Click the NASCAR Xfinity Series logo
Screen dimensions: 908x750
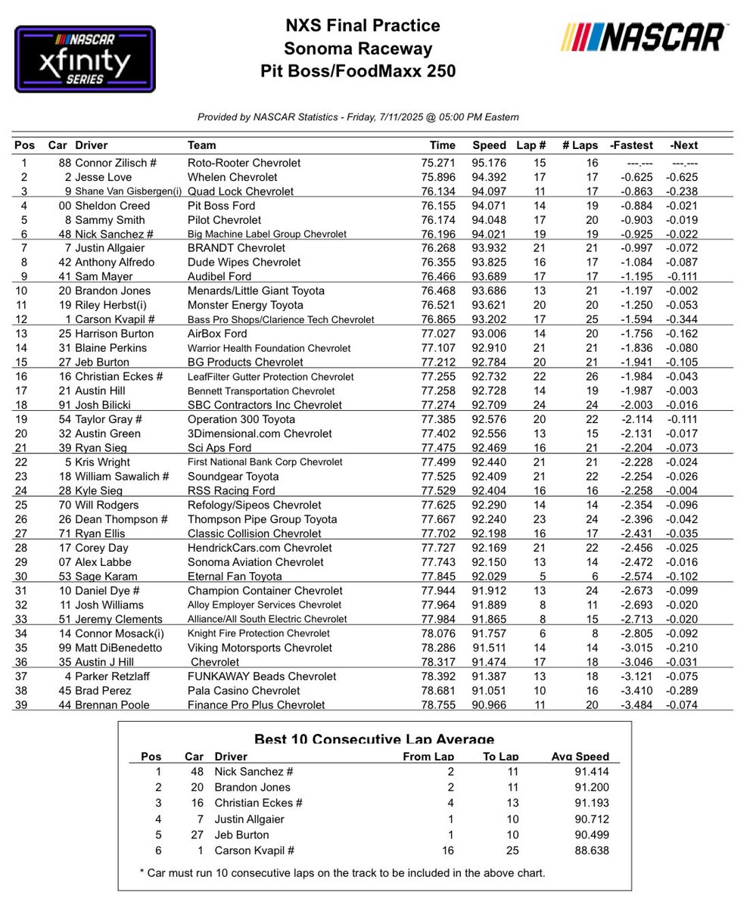tap(85, 58)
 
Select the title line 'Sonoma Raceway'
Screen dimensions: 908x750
tap(358, 49)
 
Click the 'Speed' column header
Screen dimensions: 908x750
tap(489, 145)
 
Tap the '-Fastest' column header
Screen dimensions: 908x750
tap(625, 145)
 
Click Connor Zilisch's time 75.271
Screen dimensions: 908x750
tap(438, 163)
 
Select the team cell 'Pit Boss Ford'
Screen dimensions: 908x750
tap(221, 205)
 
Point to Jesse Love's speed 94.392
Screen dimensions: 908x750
tap(489, 177)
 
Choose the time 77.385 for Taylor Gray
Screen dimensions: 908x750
tap(438, 419)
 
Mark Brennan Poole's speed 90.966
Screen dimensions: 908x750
tap(489, 704)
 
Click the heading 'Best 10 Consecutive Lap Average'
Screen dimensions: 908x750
tap(374, 740)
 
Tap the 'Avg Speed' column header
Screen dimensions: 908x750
tap(580, 756)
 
